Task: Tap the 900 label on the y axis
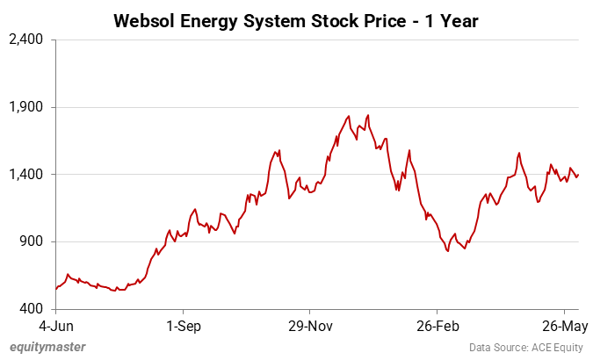point(33,241)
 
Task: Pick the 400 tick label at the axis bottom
point(33,309)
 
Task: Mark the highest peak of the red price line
point(367,115)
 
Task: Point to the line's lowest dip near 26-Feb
point(448,251)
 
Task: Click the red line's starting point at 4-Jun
point(55,289)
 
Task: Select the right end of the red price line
point(578,175)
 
